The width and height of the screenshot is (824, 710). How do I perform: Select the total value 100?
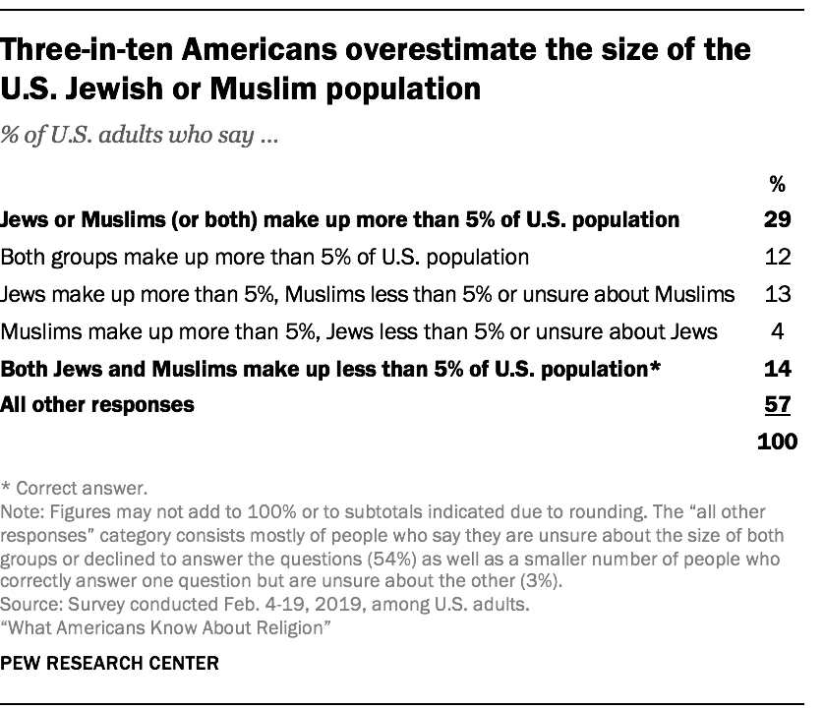(x=777, y=441)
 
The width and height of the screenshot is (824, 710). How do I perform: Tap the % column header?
(x=778, y=183)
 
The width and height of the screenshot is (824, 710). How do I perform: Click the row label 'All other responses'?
(x=97, y=403)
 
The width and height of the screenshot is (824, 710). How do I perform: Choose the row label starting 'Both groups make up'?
(x=265, y=257)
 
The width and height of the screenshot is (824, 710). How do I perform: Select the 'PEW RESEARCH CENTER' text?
(x=110, y=664)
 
